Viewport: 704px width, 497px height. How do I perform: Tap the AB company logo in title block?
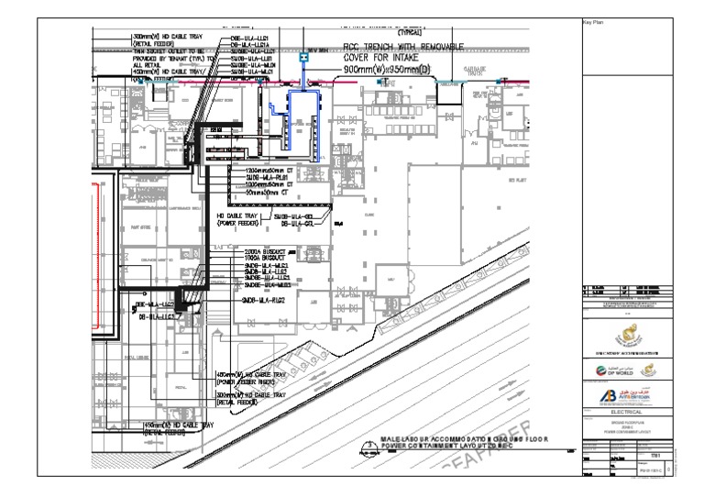610,395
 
